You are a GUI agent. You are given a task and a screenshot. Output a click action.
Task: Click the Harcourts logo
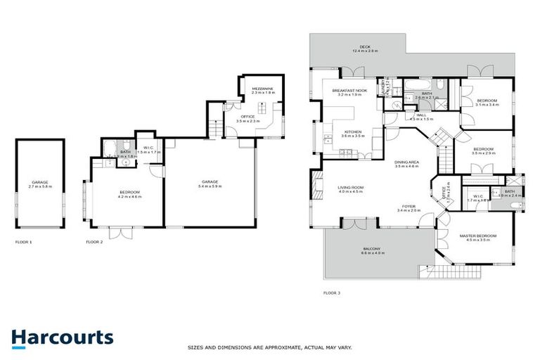click(x=62, y=337)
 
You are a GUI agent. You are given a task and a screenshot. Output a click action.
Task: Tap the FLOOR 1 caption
click(x=24, y=241)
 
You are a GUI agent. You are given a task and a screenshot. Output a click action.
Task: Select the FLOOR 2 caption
click(x=94, y=241)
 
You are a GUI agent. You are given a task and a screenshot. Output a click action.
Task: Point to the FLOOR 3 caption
click(x=331, y=292)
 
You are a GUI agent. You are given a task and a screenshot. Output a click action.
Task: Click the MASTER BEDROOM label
click(x=477, y=236)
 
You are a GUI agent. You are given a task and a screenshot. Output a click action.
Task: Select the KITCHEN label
click(x=353, y=131)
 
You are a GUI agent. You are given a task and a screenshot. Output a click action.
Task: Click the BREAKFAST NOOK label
click(x=350, y=91)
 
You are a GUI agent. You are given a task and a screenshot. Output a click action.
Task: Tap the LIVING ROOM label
click(x=350, y=187)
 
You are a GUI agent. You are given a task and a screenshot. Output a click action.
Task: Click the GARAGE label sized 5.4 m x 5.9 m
click(x=209, y=182)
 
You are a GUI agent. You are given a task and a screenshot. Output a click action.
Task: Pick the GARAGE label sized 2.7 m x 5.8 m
click(x=39, y=182)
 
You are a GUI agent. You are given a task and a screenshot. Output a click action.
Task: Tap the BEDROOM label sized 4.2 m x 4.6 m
click(x=129, y=192)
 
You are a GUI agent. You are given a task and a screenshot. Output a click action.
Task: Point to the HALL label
click(x=420, y=115)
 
